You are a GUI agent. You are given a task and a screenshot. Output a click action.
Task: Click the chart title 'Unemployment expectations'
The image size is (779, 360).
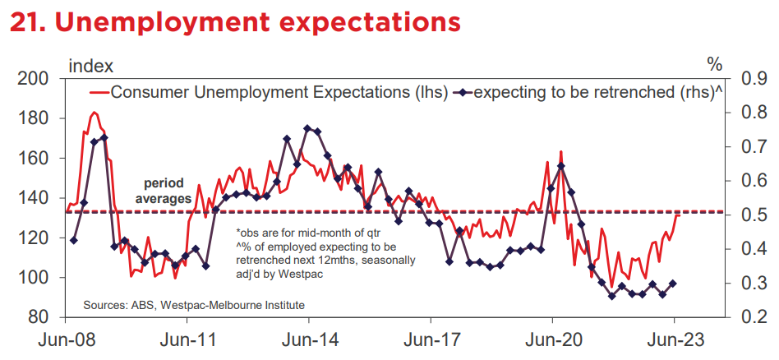tap(258, 22)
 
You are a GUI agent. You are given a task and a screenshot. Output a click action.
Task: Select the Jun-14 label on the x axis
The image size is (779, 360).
tap(308, 341)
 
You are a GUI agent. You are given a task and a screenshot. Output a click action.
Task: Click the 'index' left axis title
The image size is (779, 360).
tap(91, 65)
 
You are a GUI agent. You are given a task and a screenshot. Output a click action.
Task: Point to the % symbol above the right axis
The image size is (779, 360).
tap(714, 65)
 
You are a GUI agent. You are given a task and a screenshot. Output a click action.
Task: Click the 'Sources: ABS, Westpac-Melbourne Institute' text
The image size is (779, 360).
tap(194, 304)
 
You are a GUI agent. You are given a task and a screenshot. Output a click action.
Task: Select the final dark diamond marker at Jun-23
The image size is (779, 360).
tap(673, 284)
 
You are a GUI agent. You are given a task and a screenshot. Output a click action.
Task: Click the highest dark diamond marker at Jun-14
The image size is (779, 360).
tap(307, 128)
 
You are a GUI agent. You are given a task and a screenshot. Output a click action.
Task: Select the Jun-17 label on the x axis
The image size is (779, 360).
tap(431, 341)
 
